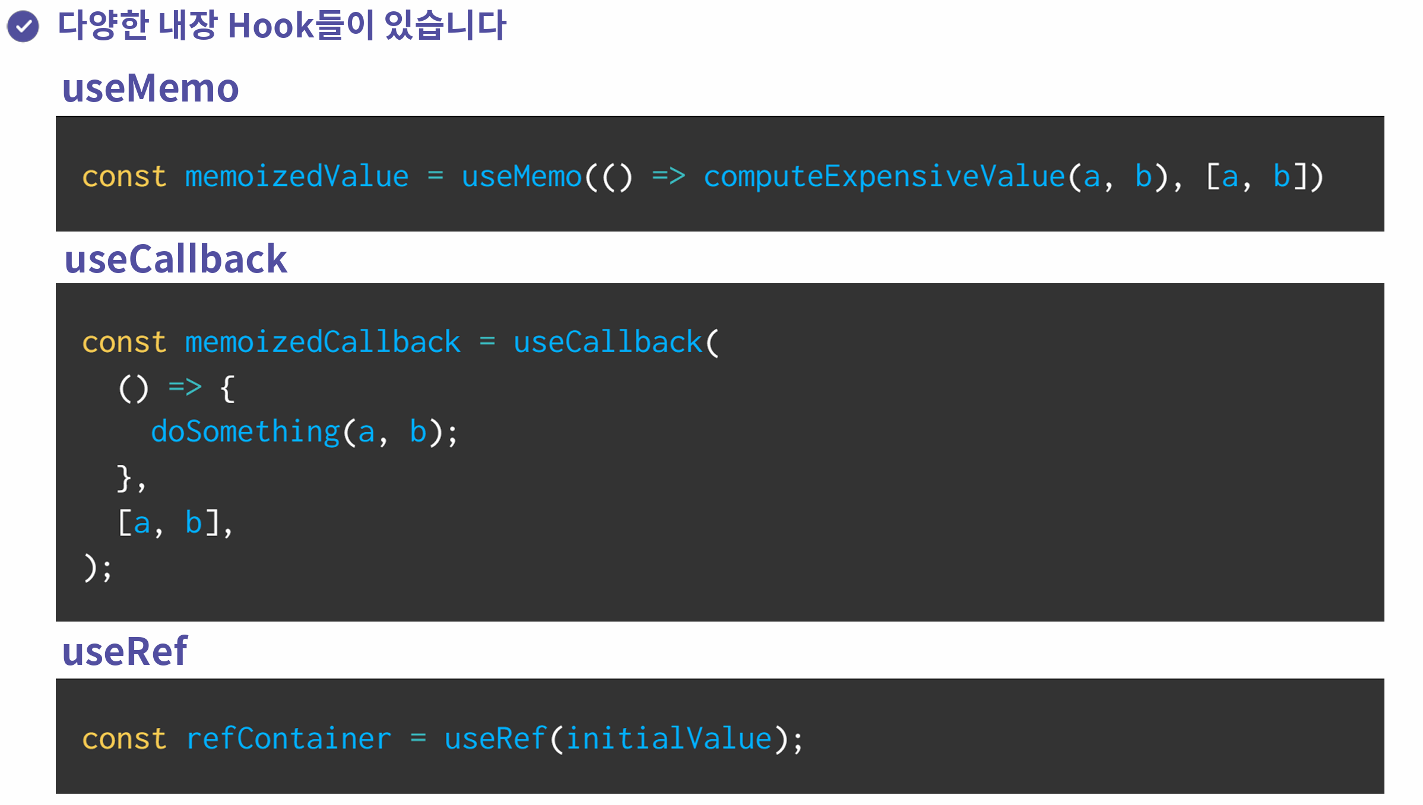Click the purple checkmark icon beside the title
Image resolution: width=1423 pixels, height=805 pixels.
pos(23,26)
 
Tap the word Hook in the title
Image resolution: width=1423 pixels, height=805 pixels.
pos(270,26)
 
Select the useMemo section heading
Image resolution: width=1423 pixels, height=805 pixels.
pos(150,88)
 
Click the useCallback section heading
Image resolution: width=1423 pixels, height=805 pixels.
pos(176,259)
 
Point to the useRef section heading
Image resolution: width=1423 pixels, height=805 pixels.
pos(125,651)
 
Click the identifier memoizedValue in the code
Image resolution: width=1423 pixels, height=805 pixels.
pos(297,177)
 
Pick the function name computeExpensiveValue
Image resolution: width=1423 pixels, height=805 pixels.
pos(884,177)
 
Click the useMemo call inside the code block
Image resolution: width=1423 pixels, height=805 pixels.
pos(521,177)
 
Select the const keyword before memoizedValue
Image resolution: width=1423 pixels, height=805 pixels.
pos(124,177)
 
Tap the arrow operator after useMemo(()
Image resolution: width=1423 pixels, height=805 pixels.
pos(668,176)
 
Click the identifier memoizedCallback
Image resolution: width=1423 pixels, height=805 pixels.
pos(322,343)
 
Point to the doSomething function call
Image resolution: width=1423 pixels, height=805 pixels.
pos(245,432)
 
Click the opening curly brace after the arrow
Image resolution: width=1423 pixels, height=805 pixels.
pos(227,389)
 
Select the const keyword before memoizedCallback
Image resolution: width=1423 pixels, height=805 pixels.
pos(124,343)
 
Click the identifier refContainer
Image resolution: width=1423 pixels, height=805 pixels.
pos(289,739)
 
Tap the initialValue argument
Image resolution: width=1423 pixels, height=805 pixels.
pos(669,739)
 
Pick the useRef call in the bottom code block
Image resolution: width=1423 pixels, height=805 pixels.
pos(495,739)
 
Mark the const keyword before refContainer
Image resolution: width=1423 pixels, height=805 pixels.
pos(124,739)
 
